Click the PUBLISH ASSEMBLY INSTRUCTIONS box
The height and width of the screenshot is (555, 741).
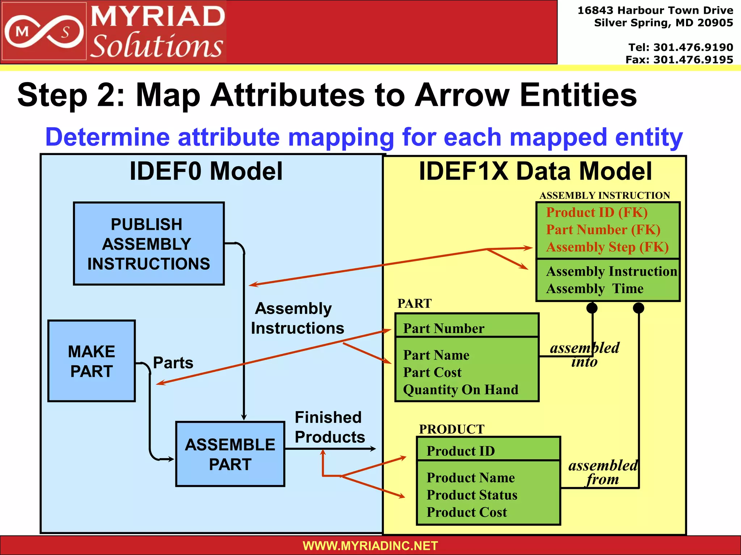tap(149, 244)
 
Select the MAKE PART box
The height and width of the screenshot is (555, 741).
tap(92, 361)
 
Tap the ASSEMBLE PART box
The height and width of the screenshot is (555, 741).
tap(230, 454)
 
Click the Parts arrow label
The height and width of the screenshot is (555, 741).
tap(173, 363)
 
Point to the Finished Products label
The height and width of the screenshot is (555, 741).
tap(329, 427)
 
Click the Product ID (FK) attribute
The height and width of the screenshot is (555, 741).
tap(597, 212)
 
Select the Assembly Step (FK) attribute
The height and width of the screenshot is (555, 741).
tap(607, 247)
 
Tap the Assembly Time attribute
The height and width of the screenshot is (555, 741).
tap(594, 289)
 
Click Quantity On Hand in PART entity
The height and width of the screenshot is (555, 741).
tap(460, 390)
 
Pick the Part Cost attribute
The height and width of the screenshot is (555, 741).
tap(432, 373)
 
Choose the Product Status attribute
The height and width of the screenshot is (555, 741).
tap(471, 495)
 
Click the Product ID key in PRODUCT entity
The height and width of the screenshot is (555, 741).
tap(460, 451)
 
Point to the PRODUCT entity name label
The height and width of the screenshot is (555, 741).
tap(451, 429)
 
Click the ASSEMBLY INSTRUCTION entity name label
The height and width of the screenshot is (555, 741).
tap(605, 195)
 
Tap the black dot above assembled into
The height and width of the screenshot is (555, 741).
tap(592, 308)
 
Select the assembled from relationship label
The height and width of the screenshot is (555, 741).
tap(603, 472)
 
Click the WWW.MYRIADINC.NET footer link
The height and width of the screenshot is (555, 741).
tap(370, 546)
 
